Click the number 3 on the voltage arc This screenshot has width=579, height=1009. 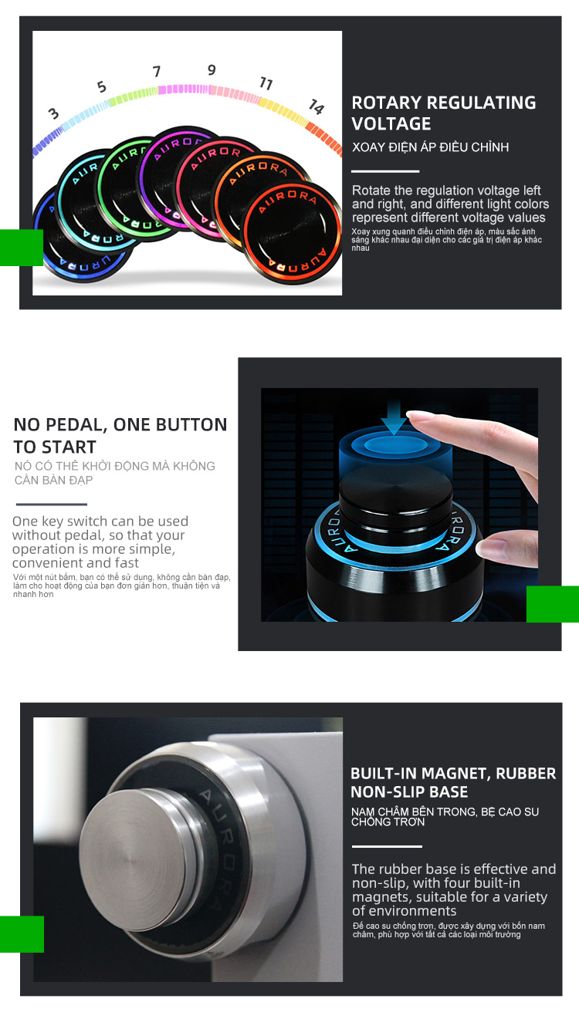pyautogui.click(x=54, y=113)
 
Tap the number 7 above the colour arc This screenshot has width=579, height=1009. pyautogui.click(x=157, y=71)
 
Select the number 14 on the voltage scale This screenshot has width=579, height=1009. pyautogui.click(x=317, y=106)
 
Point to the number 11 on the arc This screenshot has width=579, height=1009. pyautogui.click(x=266, y=83)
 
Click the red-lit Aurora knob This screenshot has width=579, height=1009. pyautogui.click(x=291, y=232)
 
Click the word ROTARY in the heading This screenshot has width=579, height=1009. pyautogui.click(x=386, y=103)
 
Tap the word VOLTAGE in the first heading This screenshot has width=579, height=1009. pyautogui.click(x=391, y=124)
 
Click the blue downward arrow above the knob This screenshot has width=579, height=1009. pyautogui.click(x=394, y=417)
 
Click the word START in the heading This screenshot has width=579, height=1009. pyautogui.click(x=69, y=447)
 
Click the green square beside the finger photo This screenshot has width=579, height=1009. pyautogui.click(x=553, y=604)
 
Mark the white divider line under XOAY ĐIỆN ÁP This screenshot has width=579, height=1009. pyautogui.click(x=385, y=171)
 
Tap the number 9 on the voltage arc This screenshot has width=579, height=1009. pyautogui.click(x=212, y=70)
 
